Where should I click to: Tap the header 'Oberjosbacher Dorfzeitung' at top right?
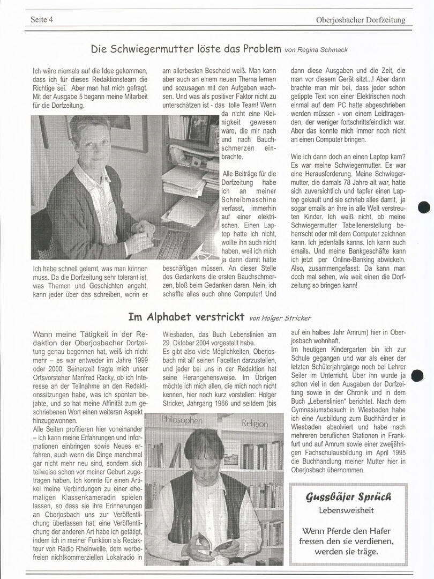coord(361,20)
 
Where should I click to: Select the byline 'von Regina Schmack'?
coord(316,50)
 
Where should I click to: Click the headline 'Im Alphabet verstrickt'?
coord(186,316)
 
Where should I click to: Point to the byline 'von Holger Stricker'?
coord(281,318)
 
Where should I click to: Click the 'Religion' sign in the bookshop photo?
coord(255,424)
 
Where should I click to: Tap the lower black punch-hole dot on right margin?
coord(417,376)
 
